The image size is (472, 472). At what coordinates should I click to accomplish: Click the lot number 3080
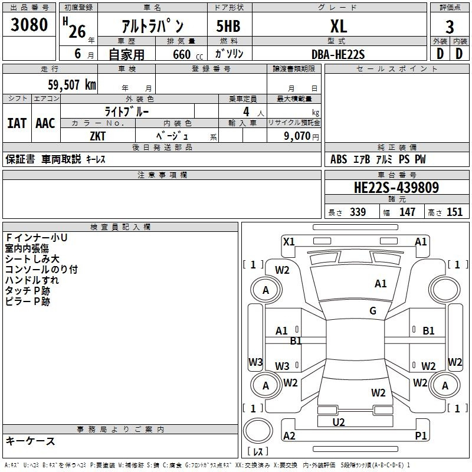click(x=29, y=25)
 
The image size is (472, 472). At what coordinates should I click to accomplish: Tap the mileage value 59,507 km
click(x=72, y=84)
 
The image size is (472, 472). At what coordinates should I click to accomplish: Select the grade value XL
click(x=339, y=26)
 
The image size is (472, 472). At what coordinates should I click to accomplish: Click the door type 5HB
click(x=228, y=26)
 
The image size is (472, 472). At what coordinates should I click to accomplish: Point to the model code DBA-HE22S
click(x=338, y=54)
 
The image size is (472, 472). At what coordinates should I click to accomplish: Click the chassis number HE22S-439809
click(x=396, y=188)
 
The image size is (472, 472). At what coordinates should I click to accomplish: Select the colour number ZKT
click(x=97, y=136)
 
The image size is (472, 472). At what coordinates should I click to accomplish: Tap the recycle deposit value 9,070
click(x=297, y=136)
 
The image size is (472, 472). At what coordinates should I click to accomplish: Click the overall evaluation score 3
click(x=450, y=27)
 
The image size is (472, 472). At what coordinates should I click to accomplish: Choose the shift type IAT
click(x=17, y=123)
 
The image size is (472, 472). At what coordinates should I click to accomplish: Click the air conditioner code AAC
click(x=45, y=123)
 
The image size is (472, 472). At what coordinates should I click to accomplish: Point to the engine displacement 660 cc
click(x=188, y=54)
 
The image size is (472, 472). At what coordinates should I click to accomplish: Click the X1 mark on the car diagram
click(x=289, y=242)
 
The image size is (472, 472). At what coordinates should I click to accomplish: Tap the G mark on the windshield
click(x=373, y=310)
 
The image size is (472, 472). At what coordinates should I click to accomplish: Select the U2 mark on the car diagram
click(x=339, y=422)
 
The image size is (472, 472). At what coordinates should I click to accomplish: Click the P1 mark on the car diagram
click(x=421, y=435)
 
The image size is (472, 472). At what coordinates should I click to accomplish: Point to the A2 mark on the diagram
click(x=289, y=435)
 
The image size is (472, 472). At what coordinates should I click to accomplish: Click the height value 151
click(x=454, y=212)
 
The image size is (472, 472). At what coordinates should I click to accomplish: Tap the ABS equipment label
click(x=339, y=159)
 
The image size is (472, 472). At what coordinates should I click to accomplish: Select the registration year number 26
click(x=77, y=32)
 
